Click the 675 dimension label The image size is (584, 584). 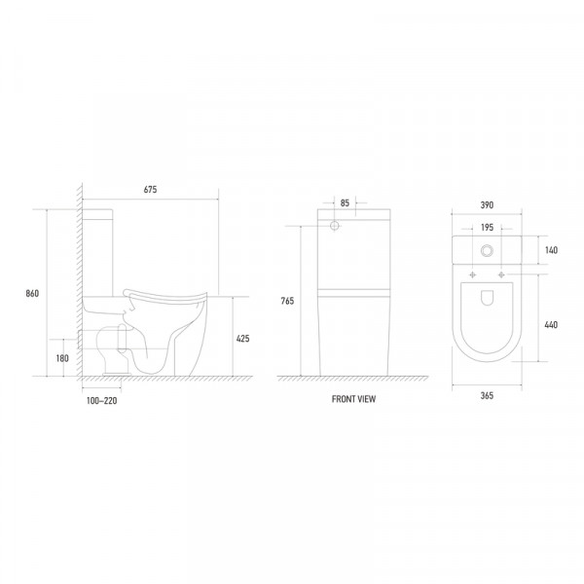[x=150, y=190]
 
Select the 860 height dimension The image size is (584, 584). [x=32, y=294]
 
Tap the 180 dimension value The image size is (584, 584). [x=62, y=358]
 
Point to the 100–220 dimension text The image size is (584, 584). [x=101, y=401]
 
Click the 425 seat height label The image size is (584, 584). [x=242, y=339]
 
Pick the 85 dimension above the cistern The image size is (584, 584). [x=345, y=203]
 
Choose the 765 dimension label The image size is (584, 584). [x=287, y=301]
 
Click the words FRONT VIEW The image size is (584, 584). [x=354, y=399]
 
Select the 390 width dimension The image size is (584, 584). [x=487, y=204]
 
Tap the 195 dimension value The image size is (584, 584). [x=488, y=227]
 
